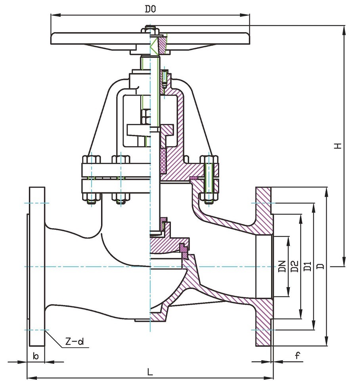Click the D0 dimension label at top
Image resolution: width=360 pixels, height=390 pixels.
point(149,9)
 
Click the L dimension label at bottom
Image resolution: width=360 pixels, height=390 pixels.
point(149,372)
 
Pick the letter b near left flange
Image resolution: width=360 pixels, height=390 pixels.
point(36,356)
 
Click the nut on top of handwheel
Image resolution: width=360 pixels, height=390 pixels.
point(150,30)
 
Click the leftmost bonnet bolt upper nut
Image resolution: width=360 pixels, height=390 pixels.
point(91,160)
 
